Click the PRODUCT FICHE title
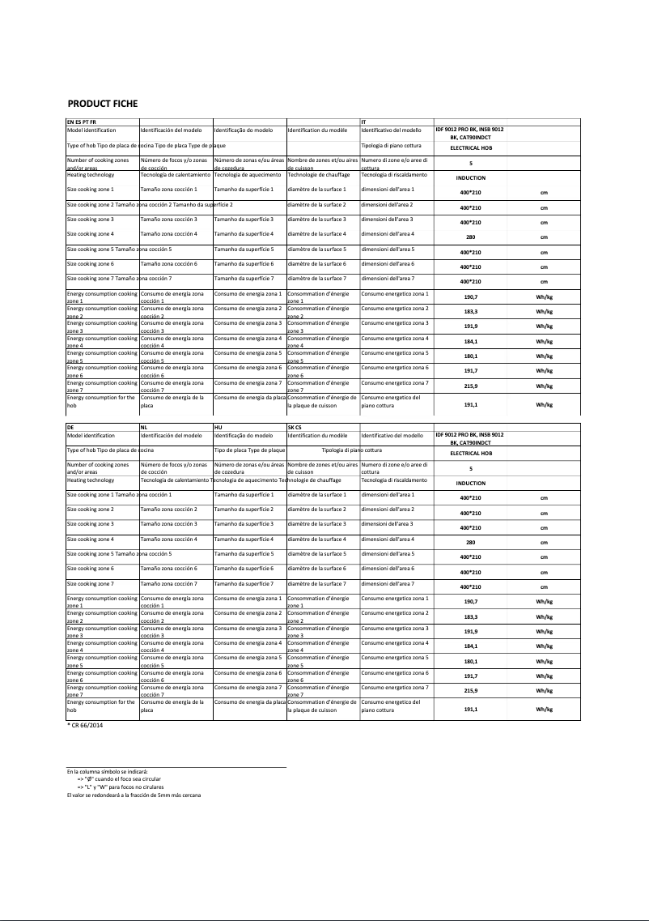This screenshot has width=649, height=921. click(x=102, y=104)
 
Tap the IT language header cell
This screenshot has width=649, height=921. click(x=364, y=121)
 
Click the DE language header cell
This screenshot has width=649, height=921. click(x=70, y=426)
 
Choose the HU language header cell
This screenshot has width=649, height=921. click(x=218, y=426)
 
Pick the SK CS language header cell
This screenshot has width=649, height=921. click(x=295, y=426)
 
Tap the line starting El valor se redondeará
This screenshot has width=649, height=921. click(x=134, y=795)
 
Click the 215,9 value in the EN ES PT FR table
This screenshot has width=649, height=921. click(x=470, y=386)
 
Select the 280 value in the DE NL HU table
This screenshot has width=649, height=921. click(x=470, y=543)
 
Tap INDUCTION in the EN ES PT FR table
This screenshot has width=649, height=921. click(x=470, y=177)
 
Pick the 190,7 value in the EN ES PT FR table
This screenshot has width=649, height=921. click(x=470, y=297)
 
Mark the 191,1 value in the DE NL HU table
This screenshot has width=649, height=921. click(x=470, y=709)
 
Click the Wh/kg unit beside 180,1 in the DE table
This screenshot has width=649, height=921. click(x=544, y=662)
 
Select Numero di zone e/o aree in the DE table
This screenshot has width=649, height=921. click(x=394, y=465)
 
